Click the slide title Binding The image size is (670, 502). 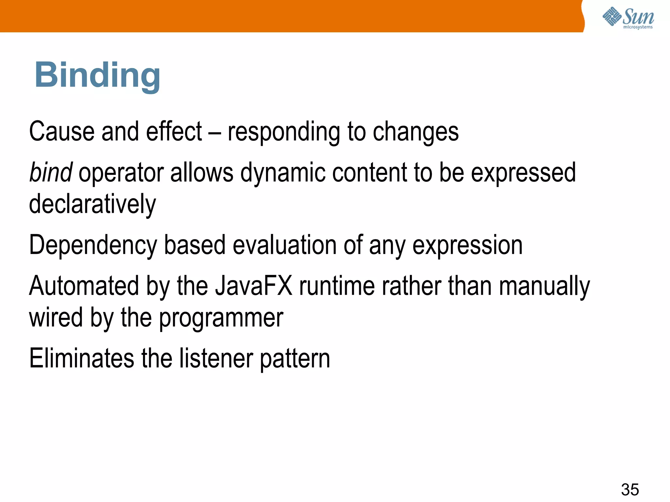(97, 76)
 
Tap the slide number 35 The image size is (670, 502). (630, 489)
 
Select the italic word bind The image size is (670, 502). (51, 172)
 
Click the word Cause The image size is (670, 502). (62, 131)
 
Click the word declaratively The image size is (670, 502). (93, 204)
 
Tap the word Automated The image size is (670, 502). (84, 286)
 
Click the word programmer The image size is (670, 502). (221, 318)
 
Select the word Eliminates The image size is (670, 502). (81, 358)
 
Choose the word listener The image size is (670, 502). (216, 358)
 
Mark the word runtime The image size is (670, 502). (337, 286)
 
